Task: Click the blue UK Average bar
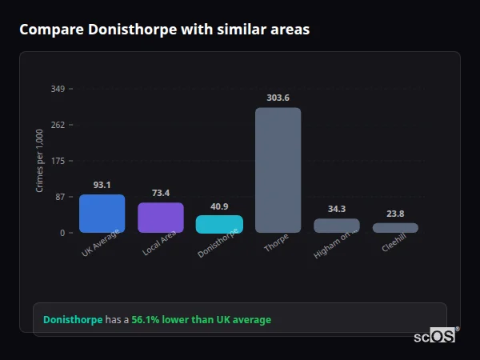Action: (102, 214)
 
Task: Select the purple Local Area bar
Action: (161, 218)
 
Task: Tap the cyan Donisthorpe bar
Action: (219, 224)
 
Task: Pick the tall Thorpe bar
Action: (278, 170)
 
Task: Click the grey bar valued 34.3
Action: (337, 226)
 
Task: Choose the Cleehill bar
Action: (395, 228)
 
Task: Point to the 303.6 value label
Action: (278, 98)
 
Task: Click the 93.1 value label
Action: (102, 185)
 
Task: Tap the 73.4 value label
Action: (161, 193)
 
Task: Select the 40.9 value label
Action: (219, 206)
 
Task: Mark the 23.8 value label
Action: (395, 214)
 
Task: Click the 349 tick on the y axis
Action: (58, 89)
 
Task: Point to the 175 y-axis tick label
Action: (58, 161)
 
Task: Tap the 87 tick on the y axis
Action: (60, 197)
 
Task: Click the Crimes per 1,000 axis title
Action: (40, 161)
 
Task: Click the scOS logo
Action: (434, 337)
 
